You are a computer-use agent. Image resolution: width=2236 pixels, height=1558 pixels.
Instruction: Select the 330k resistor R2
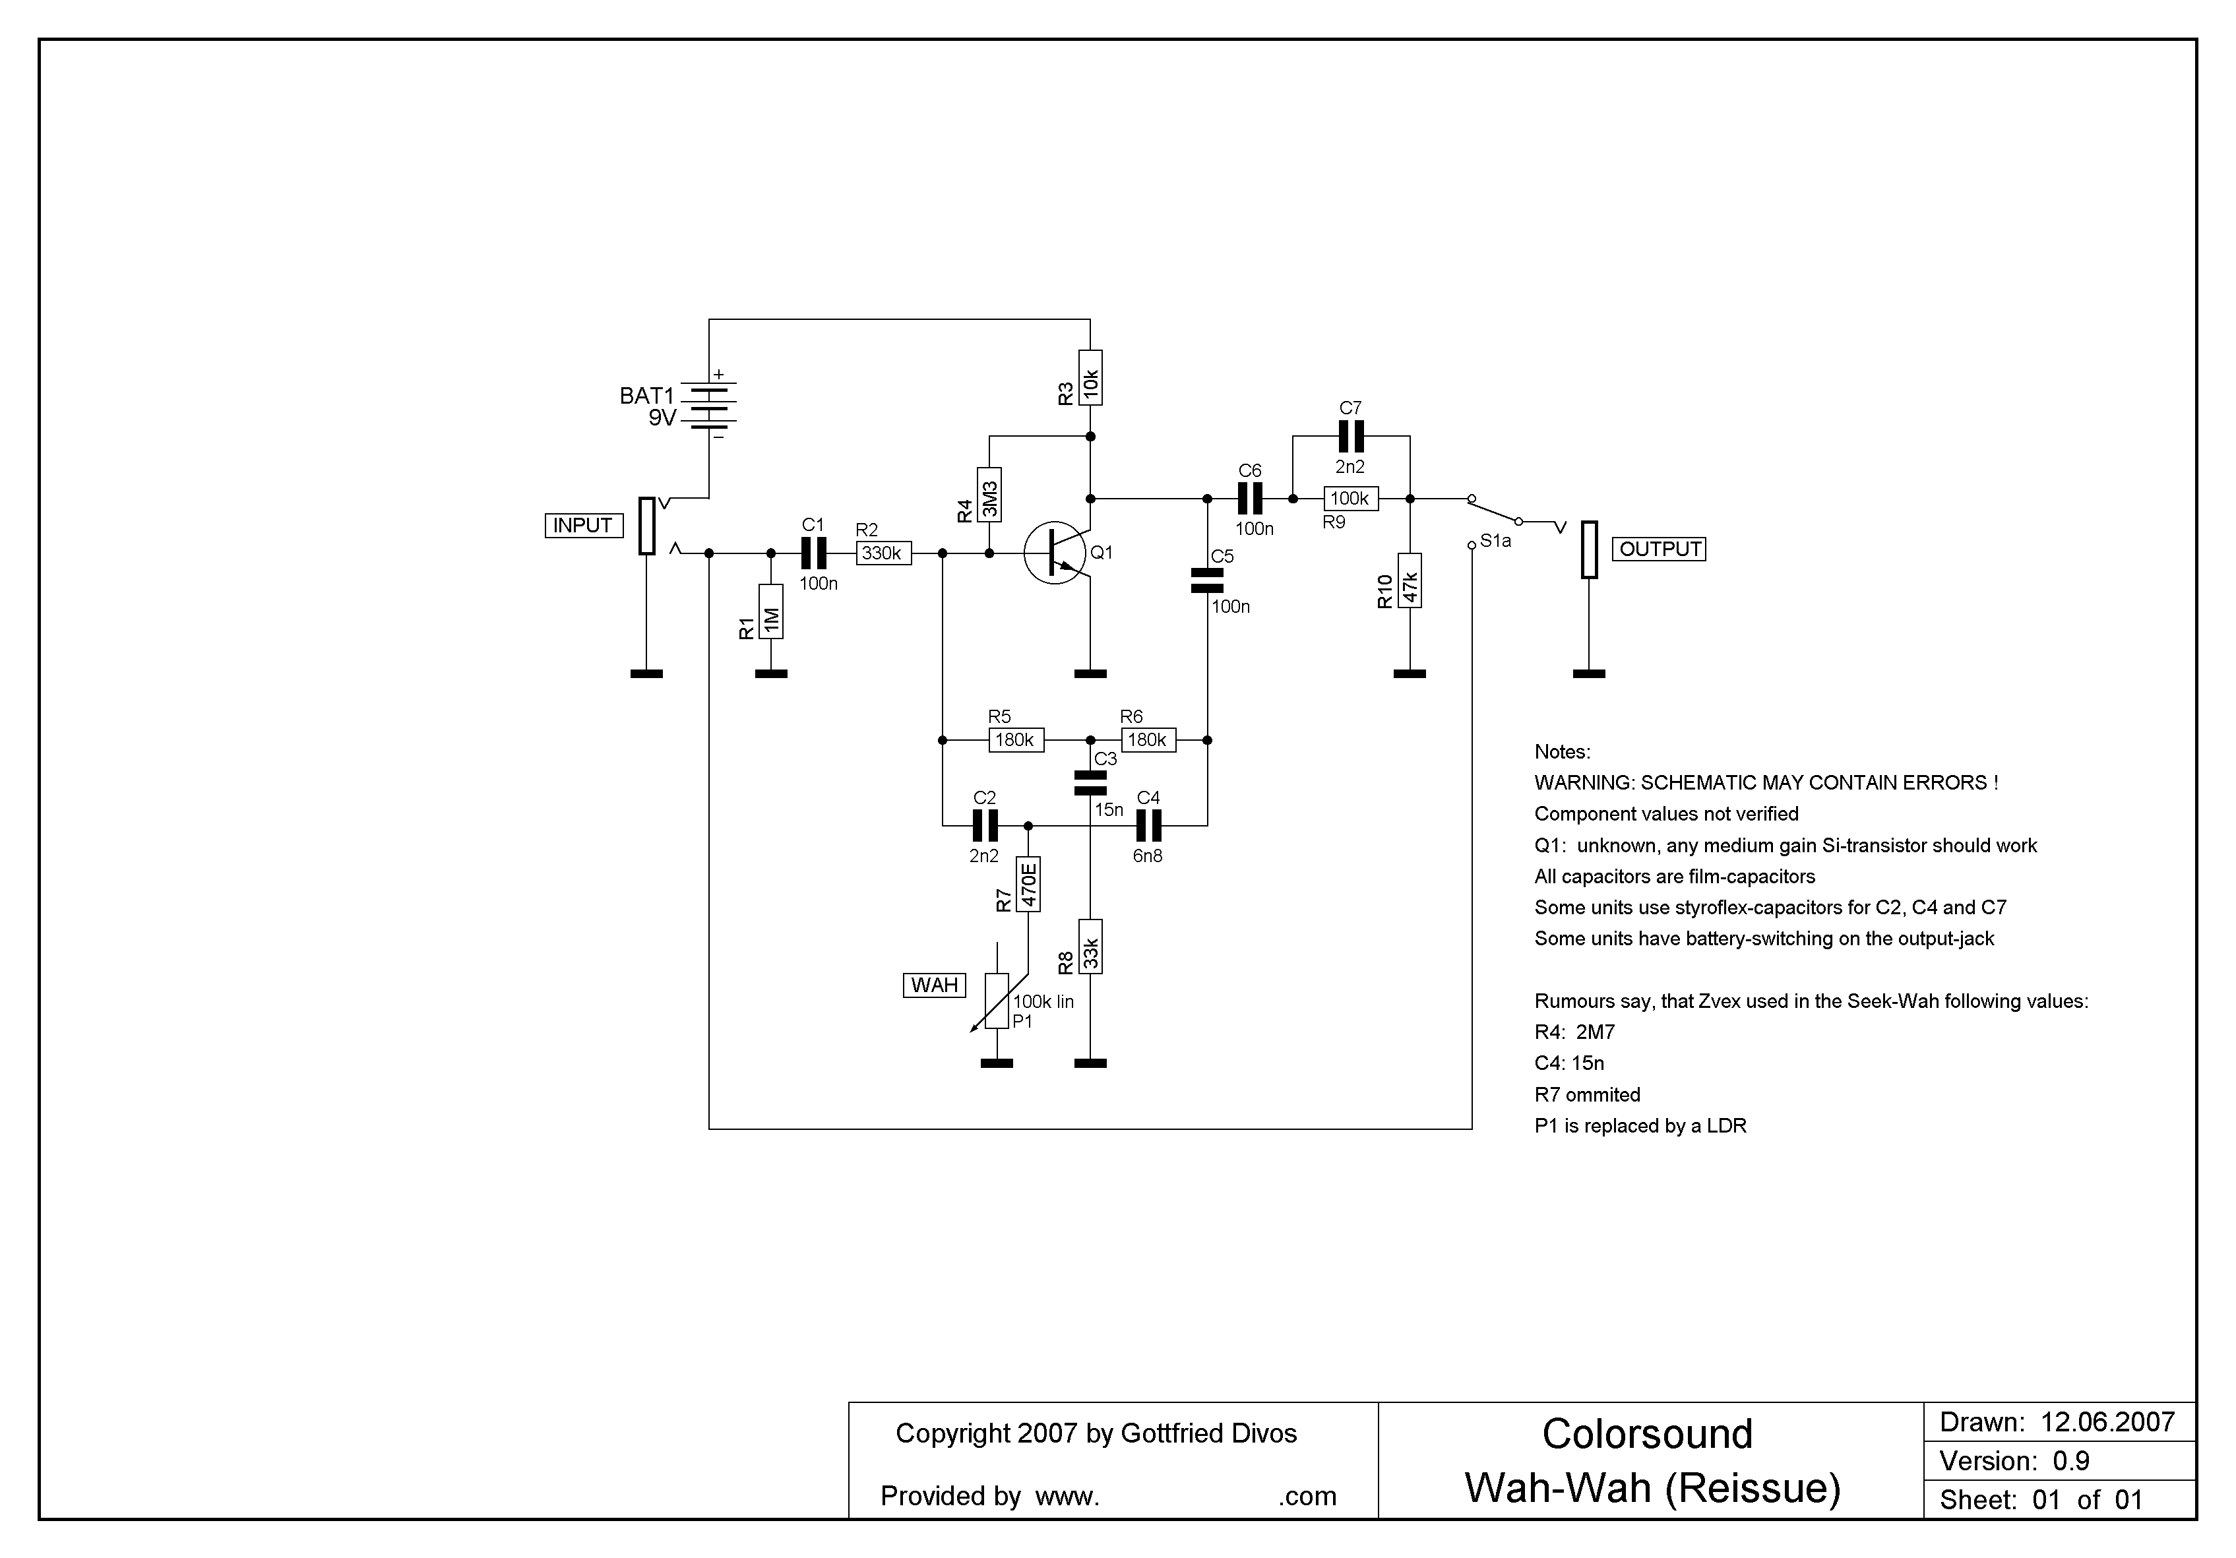pyautogui.click(x=883, y=553)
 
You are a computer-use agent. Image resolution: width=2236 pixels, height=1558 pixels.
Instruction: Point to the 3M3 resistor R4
pyautogui.click(x=989, y=495)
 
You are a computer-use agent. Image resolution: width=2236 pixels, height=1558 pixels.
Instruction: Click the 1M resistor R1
pyautogui.click(x=771, y=611)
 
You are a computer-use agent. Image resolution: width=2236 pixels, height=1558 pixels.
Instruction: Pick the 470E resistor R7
pyautogui.click(x=1028, y=883)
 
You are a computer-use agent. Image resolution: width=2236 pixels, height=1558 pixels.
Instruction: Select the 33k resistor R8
pyautogui.click(x=1091, y=947)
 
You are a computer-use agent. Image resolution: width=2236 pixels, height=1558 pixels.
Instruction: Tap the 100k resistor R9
pyautogui.click(x=1350, y=499)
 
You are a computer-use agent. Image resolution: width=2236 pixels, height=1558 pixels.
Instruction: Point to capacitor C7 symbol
pyautogui.click(x=1351, y=435)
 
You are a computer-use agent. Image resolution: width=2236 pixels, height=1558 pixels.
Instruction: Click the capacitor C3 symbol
pyautogui.click(x=1091, y=782)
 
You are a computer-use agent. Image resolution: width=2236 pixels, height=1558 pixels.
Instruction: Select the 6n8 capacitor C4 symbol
pyautogui.click(x=1149, y=826)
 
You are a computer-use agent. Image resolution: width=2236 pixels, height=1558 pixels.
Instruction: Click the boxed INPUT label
pyautogui.click(x=582, y=526)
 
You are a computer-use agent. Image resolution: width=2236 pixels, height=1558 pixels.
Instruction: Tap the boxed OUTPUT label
pyautogui.click(x=1660, y=549)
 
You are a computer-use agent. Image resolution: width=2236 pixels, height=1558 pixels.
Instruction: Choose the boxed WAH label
pyautogui.click(x=934, y=985)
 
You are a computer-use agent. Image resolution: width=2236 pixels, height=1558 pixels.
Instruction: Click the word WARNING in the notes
pyautogui.click(x=1582, y=783)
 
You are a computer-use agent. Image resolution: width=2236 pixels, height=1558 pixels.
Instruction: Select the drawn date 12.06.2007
pyautogui.click(x=2107, y=1423)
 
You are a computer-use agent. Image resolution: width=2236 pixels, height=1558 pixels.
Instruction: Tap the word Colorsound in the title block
pyautogui.click(x=1648, y=1435)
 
